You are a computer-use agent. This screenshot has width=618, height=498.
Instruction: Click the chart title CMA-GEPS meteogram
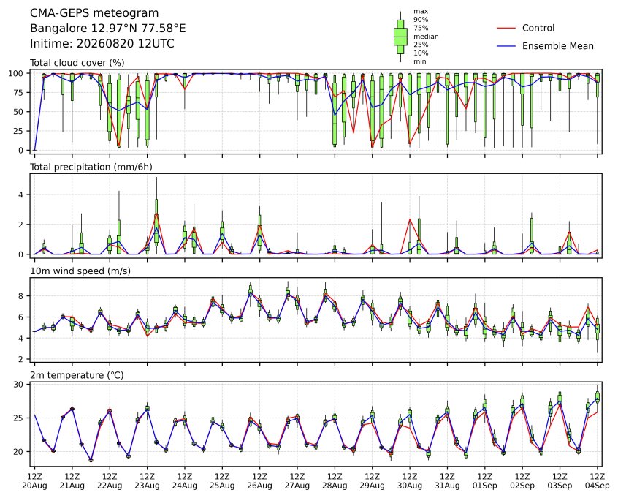tap(94, 13)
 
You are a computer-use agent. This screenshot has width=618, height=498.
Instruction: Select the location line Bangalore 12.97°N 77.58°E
tap(107, 29)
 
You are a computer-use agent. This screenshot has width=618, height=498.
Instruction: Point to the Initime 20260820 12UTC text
tap(102, 43)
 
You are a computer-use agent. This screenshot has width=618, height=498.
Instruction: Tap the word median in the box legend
tap(426, 37)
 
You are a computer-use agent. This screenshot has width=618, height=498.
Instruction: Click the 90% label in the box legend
tap(421, 19)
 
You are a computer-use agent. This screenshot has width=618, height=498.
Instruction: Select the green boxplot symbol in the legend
tap(400, 37)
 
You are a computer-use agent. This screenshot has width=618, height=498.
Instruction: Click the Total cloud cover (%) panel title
tap(77, 63)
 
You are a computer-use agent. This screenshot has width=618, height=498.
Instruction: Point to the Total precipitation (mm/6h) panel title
tap(91, 167)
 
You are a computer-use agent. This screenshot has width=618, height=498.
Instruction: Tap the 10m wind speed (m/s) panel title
tap(80, 271)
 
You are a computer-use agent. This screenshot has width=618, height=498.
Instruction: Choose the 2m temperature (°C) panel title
tap(77, 375)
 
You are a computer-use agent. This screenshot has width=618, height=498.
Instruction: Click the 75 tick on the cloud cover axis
tap(18, 92)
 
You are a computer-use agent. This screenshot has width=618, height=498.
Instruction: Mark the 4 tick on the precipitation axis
tap(21, 195)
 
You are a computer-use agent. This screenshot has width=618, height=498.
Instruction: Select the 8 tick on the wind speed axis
tap(21, 296)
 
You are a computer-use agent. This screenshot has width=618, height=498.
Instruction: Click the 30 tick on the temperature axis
tap(18, 385)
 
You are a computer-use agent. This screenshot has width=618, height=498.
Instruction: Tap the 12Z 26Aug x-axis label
tap(260, 481)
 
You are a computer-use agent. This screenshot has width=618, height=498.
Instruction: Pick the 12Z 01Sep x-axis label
tap(485, 481)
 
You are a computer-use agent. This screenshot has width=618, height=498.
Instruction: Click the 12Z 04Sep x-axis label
tap(597, 481)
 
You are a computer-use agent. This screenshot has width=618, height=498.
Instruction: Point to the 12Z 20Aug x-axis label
tap(34, 481)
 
